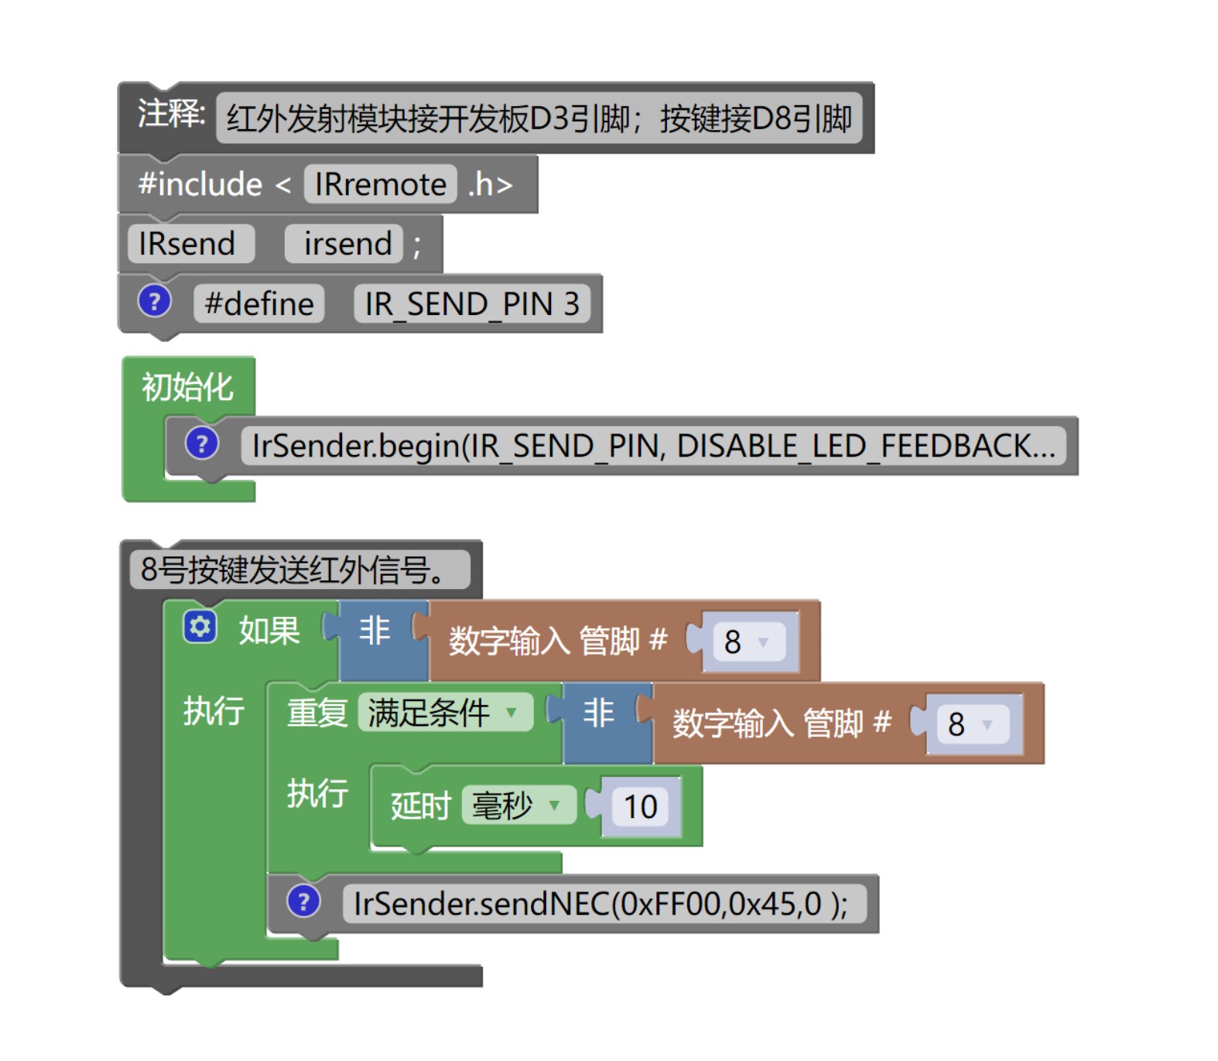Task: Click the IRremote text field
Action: click(x=380, y=184)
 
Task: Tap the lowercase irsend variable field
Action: click(x=347, y=244)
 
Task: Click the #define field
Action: click(x=259, y=303)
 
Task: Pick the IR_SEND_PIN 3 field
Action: click(x=471, y=303)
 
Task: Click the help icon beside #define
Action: click(x=154, y=302)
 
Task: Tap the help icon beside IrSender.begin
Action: click(x=202, y=444)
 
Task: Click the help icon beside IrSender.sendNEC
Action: click(x=303, y=902)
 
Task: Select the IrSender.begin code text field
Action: click(x=653, y=447)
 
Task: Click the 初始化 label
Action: click(x=187, y=387)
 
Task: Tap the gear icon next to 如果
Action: click(x=200, y=627)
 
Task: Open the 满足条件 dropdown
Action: click(x=444, y=713)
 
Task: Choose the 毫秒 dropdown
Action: click(x=518, y=806)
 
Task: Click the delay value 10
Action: click(x=641, y=807)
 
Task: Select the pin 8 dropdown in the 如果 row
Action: click(x=748, y=642)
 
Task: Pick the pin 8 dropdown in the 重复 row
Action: click(x=971, y=724)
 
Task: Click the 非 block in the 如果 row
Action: click(x=375, y=631)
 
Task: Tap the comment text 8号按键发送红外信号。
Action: click(x=299, y=570)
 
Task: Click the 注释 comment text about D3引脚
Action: click(x=539, y=118)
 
